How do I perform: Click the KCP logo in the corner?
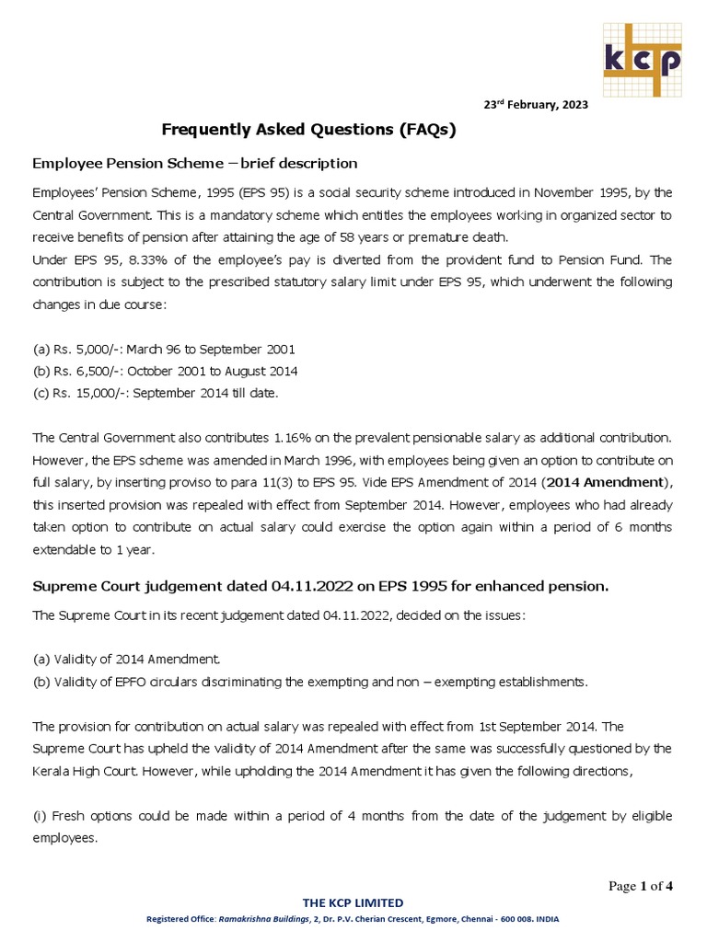tap(642, 59)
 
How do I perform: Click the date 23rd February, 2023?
tap(536, 105)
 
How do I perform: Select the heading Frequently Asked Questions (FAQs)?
tap(308, 130)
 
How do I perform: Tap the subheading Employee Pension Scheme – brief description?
tap(194, 163)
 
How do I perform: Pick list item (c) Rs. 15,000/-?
tap(155, 393)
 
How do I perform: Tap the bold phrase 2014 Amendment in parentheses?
tap(604, 482)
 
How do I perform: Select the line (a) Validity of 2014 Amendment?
tap(126, 660)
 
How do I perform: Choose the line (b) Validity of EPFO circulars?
tap(308, 682)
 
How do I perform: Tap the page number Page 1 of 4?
tap(641, 886)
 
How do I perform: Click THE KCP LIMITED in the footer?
tap(353, 902)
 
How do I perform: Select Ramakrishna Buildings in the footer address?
tap(270, 919)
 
